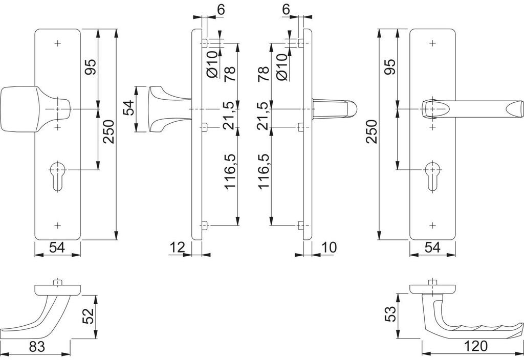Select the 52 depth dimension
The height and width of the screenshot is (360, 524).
pyautogui.click(x=89, y=316)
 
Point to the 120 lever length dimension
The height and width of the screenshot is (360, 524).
pyautogui.click(x=476, y=347)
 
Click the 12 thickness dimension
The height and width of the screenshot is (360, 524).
pyautogui.click(x=177, y=248)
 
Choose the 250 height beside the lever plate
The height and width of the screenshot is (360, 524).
pyautogui.click(x=372, y=133)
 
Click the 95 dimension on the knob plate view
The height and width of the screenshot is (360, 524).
pyautogui.click(x=90, y=67)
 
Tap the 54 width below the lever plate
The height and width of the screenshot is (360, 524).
pyautogui.click(x=432, y=248)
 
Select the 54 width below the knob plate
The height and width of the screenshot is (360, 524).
pyautogui.click(x=57, y=248)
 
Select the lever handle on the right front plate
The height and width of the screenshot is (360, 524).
pyautogui.click(x=471, y=109)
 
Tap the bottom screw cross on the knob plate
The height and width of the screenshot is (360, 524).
pyautogui.click(x=57, y=225)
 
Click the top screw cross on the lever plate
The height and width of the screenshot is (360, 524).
pyautogui.click(x=433, y=43)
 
